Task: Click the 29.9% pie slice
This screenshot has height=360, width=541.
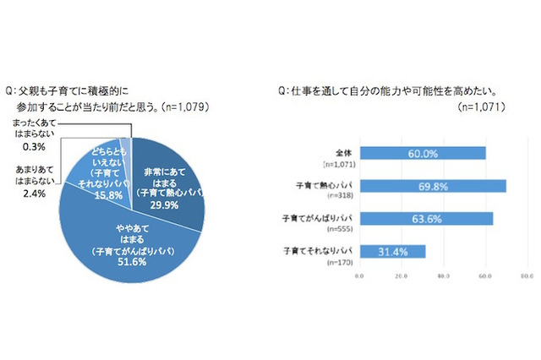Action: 166,177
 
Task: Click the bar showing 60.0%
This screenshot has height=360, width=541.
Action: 423,153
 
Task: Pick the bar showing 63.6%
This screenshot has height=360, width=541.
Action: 427,218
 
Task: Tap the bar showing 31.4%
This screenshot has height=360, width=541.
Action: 392,250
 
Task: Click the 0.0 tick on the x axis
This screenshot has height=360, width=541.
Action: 360,275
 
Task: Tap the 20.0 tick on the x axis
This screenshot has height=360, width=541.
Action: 402,275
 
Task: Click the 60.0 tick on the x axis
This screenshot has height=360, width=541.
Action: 485,275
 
